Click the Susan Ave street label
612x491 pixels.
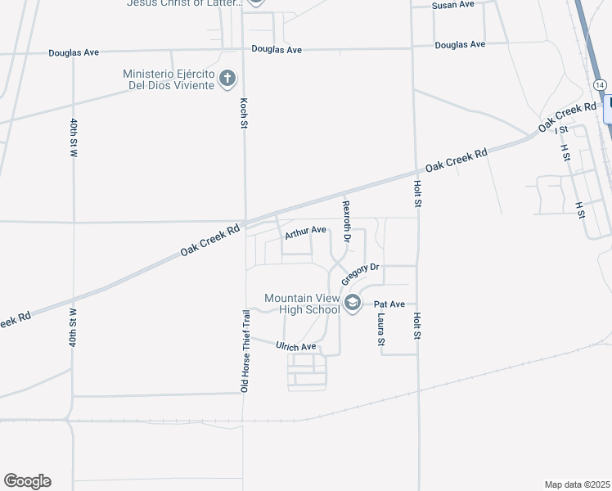(x=453, y=5)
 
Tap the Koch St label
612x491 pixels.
(x=243, y=114)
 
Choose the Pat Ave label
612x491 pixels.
(x=389, y=304)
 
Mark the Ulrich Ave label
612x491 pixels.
(x=295, y=347)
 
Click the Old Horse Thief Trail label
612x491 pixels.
(x=244, y=350)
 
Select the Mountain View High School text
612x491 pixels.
(x=302, y=304)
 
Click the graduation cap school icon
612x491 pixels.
(x=353, y=304)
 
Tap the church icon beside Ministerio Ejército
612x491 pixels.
(x=227, y=79)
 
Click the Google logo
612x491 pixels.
(x=27, y=481)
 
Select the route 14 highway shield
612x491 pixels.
(x=601, y=85)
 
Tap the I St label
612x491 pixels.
(x=561, y=130)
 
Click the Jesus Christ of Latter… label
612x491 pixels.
(x=185, y=3)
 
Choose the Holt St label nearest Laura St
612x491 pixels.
(x=416, y=326)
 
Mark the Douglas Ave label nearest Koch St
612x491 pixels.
(x=277, y=50)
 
